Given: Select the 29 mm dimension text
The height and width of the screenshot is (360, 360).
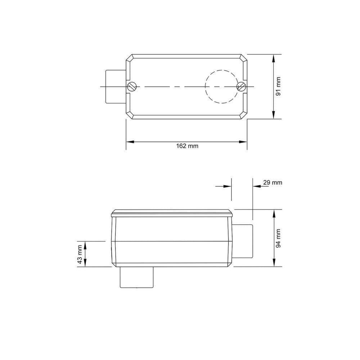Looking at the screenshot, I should point(272,183).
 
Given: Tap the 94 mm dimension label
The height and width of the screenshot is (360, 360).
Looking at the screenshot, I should point(278,238).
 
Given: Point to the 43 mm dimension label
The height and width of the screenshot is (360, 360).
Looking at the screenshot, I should point(80,254).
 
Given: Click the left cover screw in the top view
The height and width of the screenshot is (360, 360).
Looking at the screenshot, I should point(131,86).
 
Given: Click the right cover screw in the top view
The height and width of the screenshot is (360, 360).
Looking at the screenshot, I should point(241,86).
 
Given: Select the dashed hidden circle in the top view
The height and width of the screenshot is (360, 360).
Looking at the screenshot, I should point(221,86).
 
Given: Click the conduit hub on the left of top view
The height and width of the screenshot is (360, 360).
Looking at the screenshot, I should point(114,86).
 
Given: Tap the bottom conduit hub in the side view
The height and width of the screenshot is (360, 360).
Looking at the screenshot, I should point(136,278).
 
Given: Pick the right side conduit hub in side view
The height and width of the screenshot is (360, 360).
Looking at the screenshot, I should point(243,240).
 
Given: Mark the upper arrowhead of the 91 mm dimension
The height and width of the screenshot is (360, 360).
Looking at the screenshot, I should point(274,58).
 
